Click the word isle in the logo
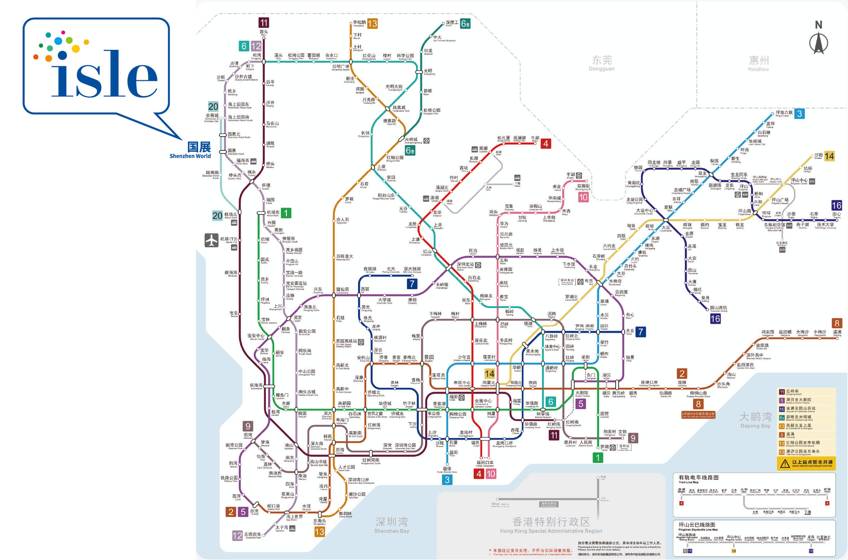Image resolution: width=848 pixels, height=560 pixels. point(105,74)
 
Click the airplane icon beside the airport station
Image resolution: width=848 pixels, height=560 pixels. point(211,240)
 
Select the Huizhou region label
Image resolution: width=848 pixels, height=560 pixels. point(758,63)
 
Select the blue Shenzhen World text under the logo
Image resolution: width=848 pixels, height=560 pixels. point(190,156)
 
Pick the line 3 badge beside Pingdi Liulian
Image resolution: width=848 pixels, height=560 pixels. point(800,114)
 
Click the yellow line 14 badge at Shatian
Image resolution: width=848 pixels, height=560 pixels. point(829,156)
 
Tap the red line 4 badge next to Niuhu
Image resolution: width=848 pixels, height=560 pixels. point(546,144)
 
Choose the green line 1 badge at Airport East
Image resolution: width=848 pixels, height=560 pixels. point(286,213)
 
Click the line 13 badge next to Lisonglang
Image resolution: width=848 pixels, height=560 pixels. point(372,24)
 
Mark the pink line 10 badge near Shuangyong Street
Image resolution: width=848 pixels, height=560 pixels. point(583,197)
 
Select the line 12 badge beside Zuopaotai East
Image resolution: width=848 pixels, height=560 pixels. point(237,535)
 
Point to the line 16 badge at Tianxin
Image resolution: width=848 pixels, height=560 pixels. point(836,205)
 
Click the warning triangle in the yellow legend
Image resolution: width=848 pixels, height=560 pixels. point(784,464)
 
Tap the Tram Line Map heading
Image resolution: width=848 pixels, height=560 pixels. point(699,478)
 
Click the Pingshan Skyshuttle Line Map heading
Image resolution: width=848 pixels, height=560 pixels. point(697,525)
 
